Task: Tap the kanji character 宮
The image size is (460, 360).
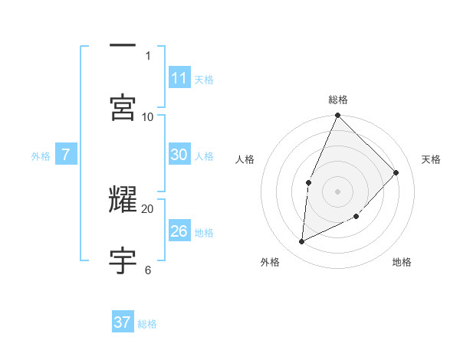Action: pyautogui.click(x=123, y=107)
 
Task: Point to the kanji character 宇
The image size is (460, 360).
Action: pyautogui.click(x=123, y=261)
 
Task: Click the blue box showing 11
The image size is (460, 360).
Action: pyautogui.click(x=179, y=78)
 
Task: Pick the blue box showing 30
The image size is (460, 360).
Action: pyautogui.click(x=179, y=155)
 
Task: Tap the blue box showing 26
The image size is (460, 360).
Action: pyautogui.click(x=179, y=231)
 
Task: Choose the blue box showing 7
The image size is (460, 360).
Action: pyautogui.click(x=66, y=155)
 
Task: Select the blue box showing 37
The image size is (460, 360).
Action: pyautogui.click(x=123, y=322)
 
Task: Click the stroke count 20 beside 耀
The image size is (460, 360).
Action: pyautogui.click(x=148, y=208)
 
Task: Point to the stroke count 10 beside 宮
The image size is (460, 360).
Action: pyautogui.click(x=148, y=116)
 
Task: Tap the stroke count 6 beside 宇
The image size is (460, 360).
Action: pyautogui.click(x=148, y=270)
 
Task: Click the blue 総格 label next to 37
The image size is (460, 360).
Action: pyautogui.click(x=148, y=324)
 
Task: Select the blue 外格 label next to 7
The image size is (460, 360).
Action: pyautogui.click(x=41, y=155)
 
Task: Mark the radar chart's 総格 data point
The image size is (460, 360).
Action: pyautogui.click(x=337, y=116)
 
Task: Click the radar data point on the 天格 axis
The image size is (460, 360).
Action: pyautogui.click(x=396, y=172)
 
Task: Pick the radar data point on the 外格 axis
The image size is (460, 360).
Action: pyautogui.click(x=302, y=241)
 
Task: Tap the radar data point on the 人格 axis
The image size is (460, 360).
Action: pyautogui.click(x=309, y=182)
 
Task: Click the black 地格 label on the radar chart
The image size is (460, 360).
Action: pyautogui.click(x=402, y=262)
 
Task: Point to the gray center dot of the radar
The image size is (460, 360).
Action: pyautogui.click(x=337, y=191)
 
